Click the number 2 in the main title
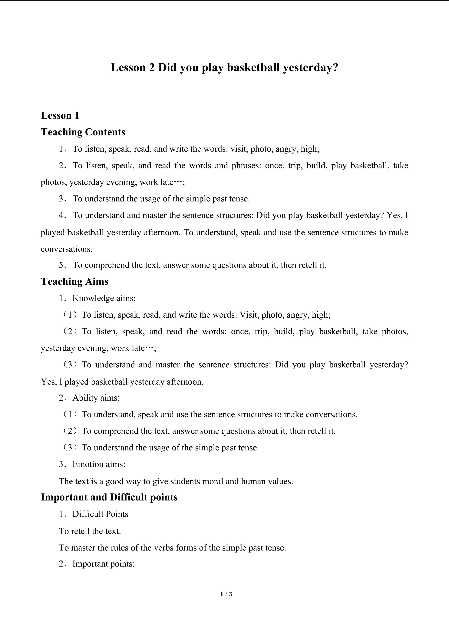(x=152, y=68)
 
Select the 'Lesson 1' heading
(x=60, y=115)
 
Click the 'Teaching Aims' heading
(x=75, y=281)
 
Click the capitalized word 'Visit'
(x=248, y=315)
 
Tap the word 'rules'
(x=120, y=548)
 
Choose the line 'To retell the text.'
(x=90, y=531)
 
